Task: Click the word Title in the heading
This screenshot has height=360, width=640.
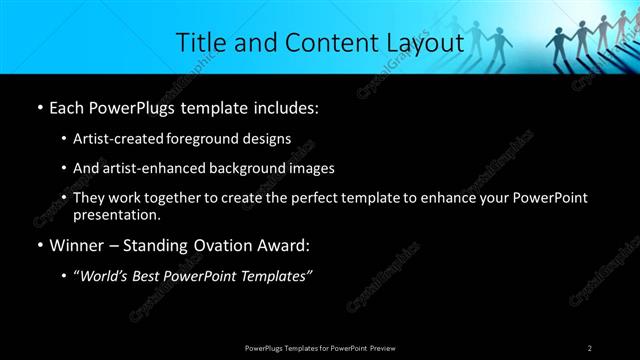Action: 199,43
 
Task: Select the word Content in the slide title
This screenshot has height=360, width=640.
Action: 321,43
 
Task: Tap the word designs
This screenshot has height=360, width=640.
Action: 265,138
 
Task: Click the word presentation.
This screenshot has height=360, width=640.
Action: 116,214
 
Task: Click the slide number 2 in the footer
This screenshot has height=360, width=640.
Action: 590,348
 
